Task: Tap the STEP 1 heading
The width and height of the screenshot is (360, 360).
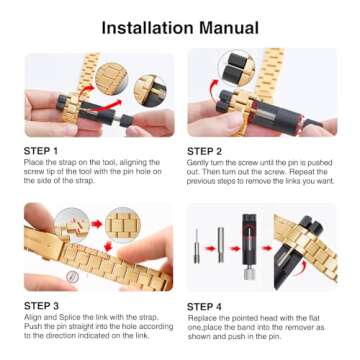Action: (45, 151)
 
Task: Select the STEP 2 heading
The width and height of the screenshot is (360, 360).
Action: (210, 151)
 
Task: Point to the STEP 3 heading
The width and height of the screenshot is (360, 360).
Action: (45, 304)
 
